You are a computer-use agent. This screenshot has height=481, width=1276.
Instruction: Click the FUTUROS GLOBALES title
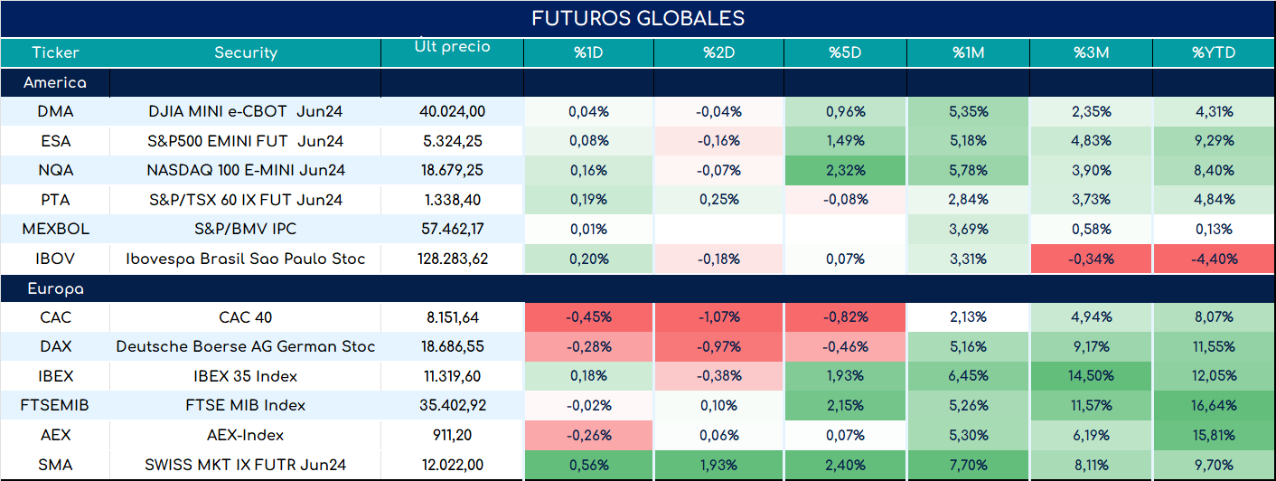click(x=638, y=18)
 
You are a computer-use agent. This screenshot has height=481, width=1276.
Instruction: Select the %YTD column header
click(x=1214, y=52)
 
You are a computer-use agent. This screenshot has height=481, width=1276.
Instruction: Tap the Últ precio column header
click(x=453, y=45)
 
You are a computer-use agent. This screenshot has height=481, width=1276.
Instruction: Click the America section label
click(x=55, y=82)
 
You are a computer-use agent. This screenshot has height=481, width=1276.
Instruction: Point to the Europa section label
click(x=55, y=289)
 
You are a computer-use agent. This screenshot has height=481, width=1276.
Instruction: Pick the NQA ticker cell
click(x=55, y=170)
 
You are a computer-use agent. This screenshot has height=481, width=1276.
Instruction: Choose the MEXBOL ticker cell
click(x=55, y=229)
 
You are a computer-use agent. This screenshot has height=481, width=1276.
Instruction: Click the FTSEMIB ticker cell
click(x=55, y=405)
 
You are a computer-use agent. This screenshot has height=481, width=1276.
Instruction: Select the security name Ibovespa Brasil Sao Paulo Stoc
click(x=246, y=259)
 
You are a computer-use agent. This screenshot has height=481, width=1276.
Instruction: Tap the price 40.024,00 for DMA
click(x=453, y=111)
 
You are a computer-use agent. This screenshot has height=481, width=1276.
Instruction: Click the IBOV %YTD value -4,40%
click(x=1214, y=259)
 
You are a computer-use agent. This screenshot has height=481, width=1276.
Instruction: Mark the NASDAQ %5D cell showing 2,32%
click(x=845, y=170)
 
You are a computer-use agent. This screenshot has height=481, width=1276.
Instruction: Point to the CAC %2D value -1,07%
click(x=718, y=316)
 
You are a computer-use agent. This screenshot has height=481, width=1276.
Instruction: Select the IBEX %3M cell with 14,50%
click(x=1091, y=375)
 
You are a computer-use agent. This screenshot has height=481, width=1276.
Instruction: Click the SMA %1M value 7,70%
click(x=969, y=465)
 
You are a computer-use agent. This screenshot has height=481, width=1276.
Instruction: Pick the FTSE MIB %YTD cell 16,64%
click(x=1214, y=405)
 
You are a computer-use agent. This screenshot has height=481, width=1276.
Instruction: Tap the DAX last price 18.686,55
click(x=453, y=346)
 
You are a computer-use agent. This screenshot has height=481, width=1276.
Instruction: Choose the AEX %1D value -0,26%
click(x=588, y=435)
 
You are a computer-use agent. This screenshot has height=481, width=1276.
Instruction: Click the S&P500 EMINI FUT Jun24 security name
click(x=246, y=141)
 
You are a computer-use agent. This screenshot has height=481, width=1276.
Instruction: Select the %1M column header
click(x=969, y=52)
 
